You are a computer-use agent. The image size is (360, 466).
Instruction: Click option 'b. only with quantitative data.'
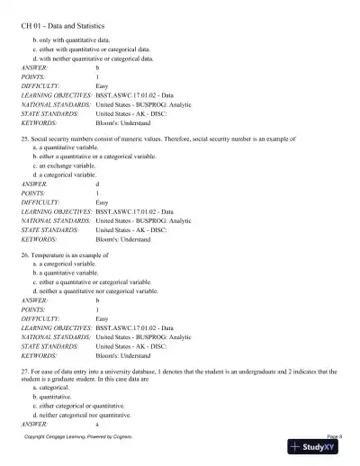coord(79,40)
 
